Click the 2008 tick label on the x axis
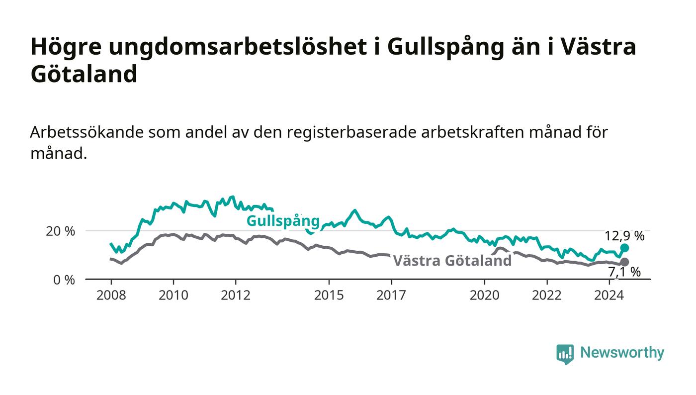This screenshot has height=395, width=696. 111,295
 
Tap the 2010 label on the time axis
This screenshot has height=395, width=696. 174,295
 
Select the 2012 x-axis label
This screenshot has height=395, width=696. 236,295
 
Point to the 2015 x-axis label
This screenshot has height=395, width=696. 329,295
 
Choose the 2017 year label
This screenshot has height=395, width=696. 391,295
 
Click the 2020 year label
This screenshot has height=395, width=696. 484,295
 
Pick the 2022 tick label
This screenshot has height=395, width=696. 547,295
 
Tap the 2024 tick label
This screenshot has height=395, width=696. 609,295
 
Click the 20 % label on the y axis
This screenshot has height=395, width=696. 60,231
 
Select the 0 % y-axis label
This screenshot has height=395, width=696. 64,280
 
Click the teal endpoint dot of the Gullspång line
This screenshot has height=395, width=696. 624,248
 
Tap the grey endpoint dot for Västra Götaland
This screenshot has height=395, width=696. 624,262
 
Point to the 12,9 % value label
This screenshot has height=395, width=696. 624,236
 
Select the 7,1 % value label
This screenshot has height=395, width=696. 624,272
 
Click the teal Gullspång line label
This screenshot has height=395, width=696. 283,221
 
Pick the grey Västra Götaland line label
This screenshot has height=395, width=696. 452,261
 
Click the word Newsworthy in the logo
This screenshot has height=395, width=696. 622,352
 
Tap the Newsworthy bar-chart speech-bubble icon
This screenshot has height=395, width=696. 565,354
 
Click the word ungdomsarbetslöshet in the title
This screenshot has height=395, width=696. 238,48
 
